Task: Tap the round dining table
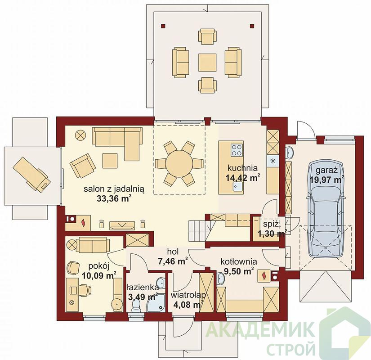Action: click(x=179, y=163)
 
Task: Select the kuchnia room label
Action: click(x=242, y=168)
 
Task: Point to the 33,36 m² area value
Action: click(x=114, y=198)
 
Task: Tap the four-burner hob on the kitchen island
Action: click(x=237, y=150)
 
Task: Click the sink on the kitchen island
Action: click(x=237, y=186)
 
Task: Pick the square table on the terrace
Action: click(x=207, y=63)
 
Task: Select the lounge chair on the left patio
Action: click(x=31, y=174)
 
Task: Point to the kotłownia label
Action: click(x=239, y=261)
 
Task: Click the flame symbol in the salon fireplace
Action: click(x=83, y=223)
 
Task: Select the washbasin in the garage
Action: click(x=290, y=153)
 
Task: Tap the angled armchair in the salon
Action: click(x=83, y=166)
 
